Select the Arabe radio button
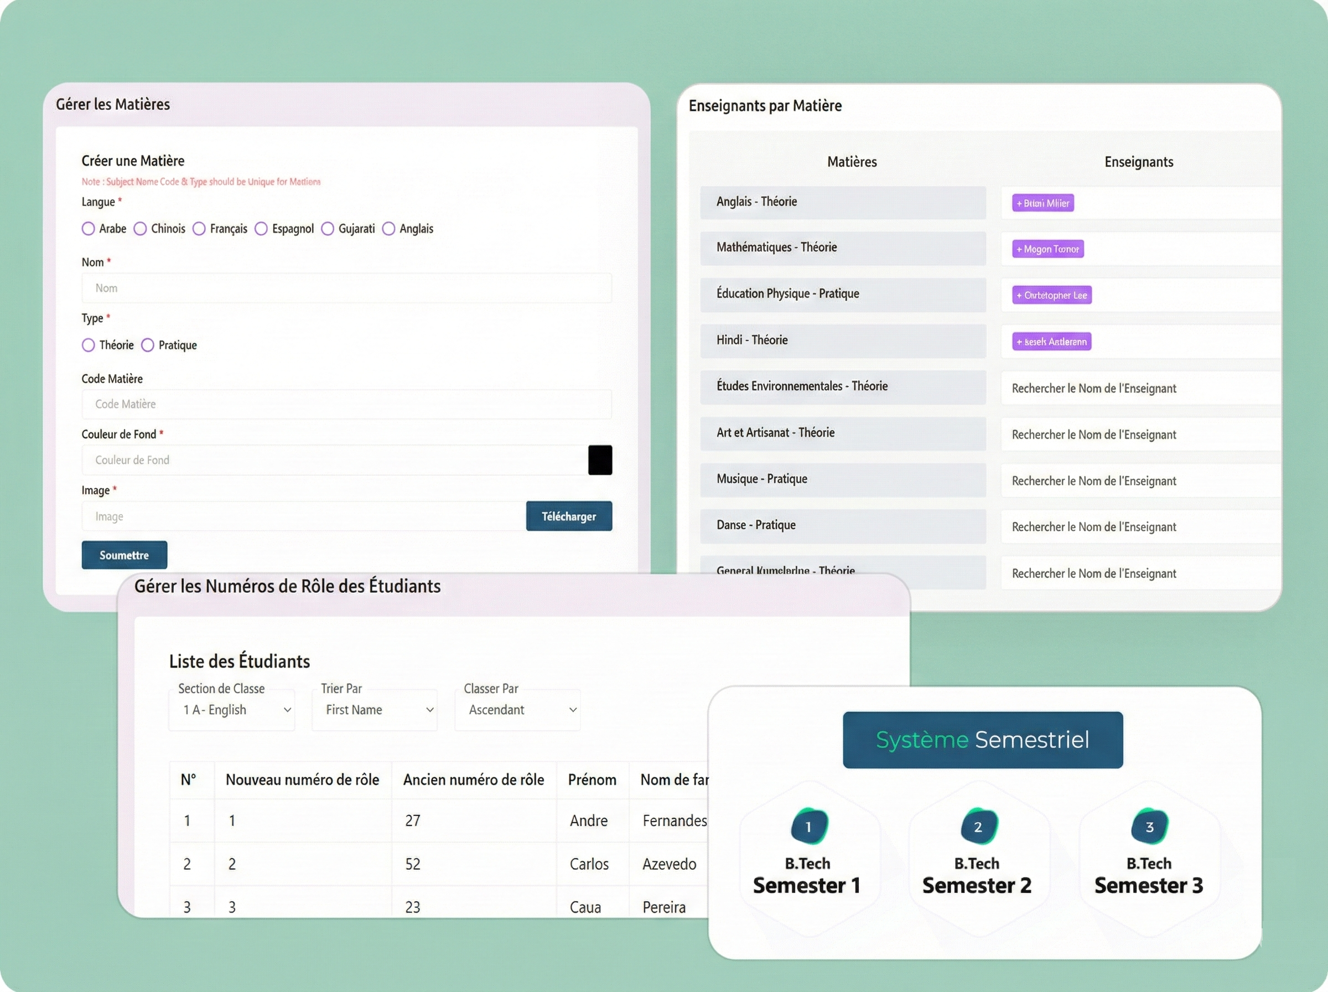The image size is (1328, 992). [x=88, y=229]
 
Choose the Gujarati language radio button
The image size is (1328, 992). [x=328, y=229]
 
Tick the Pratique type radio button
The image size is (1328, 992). [x=148, y=345]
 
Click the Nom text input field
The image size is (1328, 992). [x=346, y=288]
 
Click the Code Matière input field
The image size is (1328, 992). [x=346, y=404]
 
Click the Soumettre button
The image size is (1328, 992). [x=124, y=555]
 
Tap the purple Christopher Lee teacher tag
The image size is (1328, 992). [x=1051, y=295]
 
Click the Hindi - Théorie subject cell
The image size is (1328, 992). [x=842, y=340]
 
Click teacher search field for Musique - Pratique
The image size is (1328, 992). [x=1140, y=481]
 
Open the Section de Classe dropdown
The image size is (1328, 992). [x=232, y=710]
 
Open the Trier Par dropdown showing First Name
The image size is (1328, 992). [x=375, y=710]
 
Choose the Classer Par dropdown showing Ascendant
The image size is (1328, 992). [x=517, y=710]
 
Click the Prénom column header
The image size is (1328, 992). [x=592, y=779]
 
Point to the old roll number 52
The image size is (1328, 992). [x=413, y=864]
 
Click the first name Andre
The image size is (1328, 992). [x=589, y=821]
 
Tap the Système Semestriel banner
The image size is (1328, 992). [x=982, y=740]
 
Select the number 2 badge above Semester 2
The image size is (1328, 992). [x=978, y=827]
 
